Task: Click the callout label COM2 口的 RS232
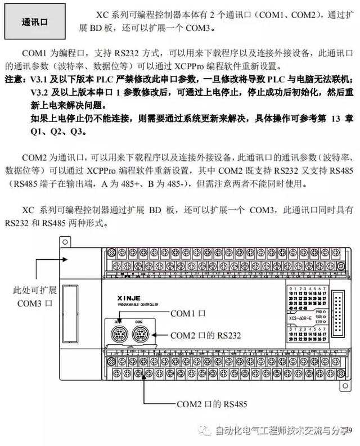pos(205,335)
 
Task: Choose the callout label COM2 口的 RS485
pos(204,403)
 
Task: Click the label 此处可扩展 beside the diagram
pos(35,291)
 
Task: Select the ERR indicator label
pos(319,322)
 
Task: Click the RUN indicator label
pos(319,317)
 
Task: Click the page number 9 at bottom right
pos(349,430)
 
